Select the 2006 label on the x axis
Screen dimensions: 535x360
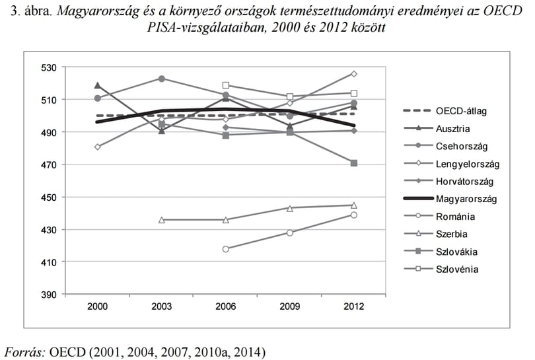(225, 306)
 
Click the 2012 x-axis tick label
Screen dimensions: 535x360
(354, 306)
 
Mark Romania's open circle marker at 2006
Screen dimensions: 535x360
(225, 249)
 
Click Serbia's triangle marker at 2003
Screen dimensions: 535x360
(162, 220)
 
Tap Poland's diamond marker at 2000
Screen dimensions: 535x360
(98, 147)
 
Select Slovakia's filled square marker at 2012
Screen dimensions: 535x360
(354, 163)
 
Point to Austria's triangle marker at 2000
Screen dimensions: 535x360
(98, 85)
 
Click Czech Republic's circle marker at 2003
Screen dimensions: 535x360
(162, 79)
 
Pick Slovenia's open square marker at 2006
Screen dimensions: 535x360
(225, 85)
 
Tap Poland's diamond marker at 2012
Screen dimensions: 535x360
(354, 74)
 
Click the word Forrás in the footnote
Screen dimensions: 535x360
(24, 351)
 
